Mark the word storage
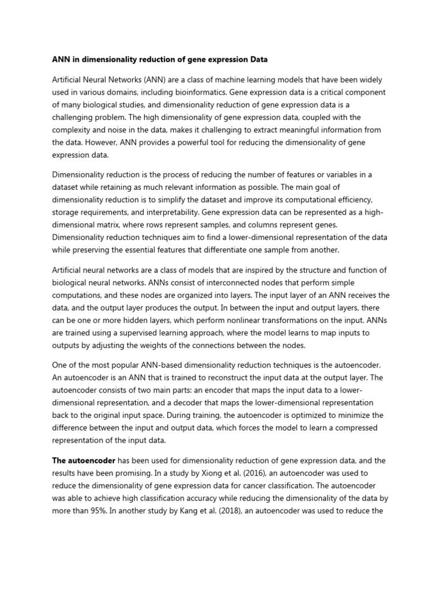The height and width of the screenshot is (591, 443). click(x=68, y=212)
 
